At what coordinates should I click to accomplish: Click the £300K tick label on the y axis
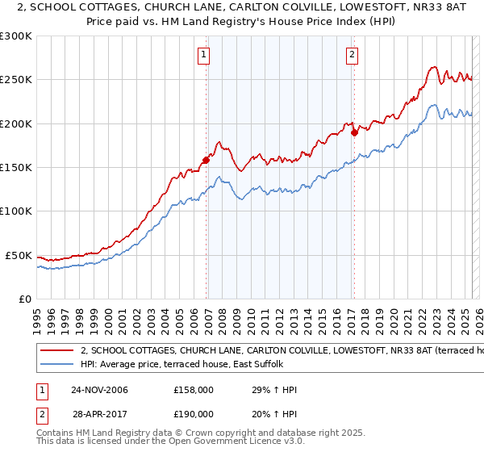pyautogui.click(x=16, y=36)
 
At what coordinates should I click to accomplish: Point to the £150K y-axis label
pyautogui.click(x=16, y=168)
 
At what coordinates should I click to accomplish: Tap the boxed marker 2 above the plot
pyautogui.click(x=353, y=55)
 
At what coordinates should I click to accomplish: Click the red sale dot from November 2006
pyautogui.click(x=207, y=160)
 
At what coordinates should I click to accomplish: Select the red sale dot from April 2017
pyautogui.click(x=354, y=132)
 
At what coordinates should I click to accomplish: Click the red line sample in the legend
pyautogui.click(x=56, y=351)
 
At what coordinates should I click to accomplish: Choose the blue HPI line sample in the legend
pyautogui.click(x=56, y=365)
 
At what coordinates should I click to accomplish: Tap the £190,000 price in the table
pyautogui.click(x=193, y=413)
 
